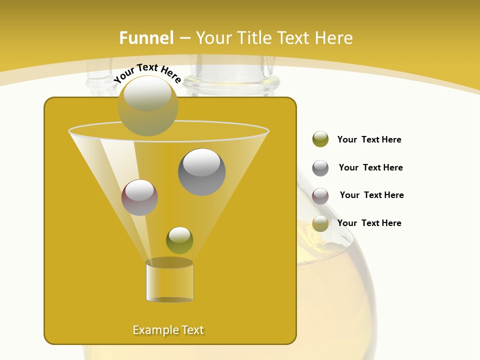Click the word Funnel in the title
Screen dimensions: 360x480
pyautogui.click(x=146, y=38)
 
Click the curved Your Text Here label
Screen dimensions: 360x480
pyautogui.click(x=147, y=72)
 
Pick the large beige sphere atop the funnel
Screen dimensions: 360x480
pyautogui.click(x=147, y=105)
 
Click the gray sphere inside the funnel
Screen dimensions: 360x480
pyautogui.click(x=201, y=172)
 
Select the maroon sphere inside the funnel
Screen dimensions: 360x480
pyautogui.click(x=139, y=197)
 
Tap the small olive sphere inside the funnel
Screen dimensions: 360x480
pyautogui.click(x=179, y=240)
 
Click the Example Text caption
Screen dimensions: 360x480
pyautogui.click(x=168, y=330)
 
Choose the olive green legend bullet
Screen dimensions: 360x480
pyautogui.click(x=320, y=139)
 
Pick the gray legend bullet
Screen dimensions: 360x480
pyautogui.click(x=320, y=168)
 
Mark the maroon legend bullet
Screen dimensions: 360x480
pyautogui.click(x=320, y=196)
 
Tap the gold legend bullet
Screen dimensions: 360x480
pyautogui.click(x=320, y=224)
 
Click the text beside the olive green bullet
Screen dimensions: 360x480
pyautogui.click(x=369, y=139)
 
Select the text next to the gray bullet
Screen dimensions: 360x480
pyautogui.click(x=370, y=167)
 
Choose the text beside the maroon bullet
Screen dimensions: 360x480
pyautogui.click(x=371, y=195)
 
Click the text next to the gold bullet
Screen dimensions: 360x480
pyautogui.click(x=369, y=223)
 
